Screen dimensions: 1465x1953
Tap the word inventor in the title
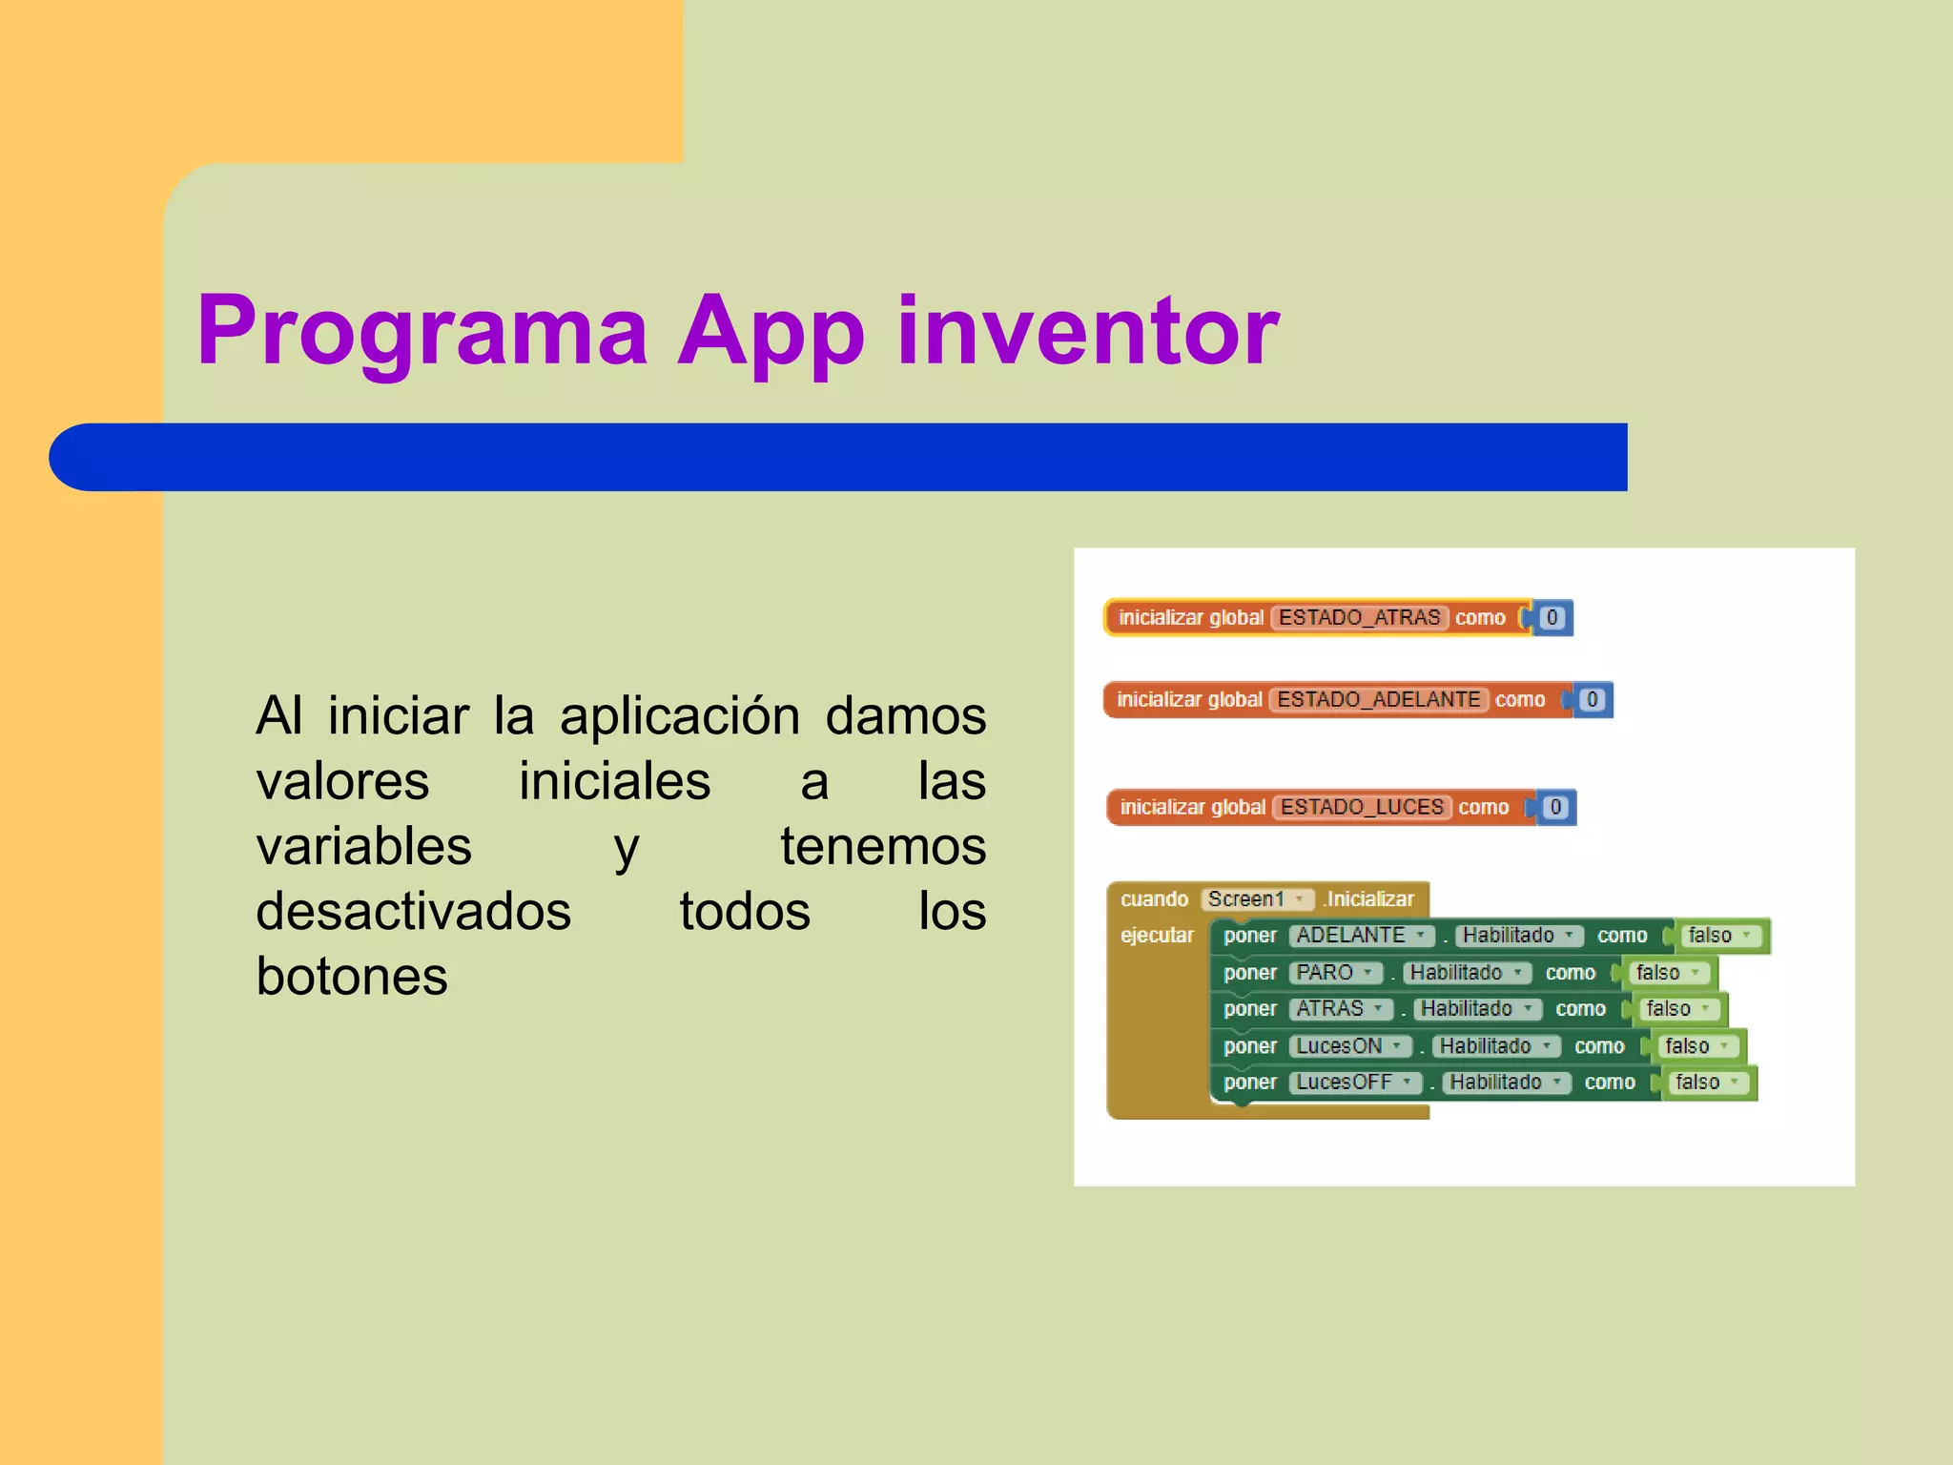pos(1087,330)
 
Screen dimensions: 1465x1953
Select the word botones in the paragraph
pos(352,977)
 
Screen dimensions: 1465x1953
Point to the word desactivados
pos(413,912)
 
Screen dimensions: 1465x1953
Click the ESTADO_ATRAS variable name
pos(1359,618)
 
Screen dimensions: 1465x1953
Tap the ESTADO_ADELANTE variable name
pos(1378,700)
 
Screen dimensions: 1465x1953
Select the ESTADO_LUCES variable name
pos(1362,808)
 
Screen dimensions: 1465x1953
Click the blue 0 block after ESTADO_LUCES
pos(1555,808)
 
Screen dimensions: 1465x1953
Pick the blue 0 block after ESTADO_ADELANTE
pos(1592,700)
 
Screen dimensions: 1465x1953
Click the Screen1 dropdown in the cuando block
pos(1256,899)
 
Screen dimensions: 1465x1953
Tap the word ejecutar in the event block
pos(1157,936)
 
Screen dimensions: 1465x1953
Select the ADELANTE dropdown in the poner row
pos(1361,936)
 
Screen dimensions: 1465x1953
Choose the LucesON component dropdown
pos(1348,1046)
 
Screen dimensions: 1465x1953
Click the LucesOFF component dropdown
pos(1354,1083)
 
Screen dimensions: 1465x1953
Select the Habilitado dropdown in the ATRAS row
pos(1476,1009)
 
